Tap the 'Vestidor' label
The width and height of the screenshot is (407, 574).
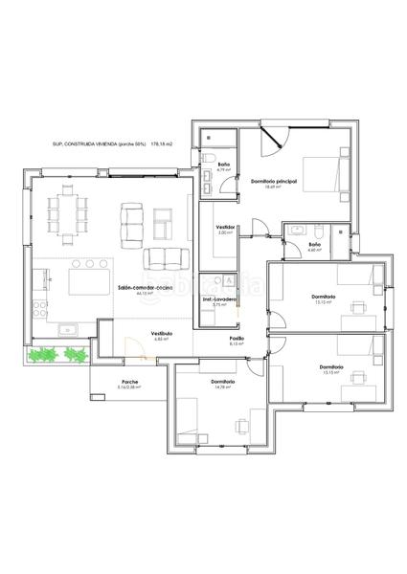[x=226, y=227]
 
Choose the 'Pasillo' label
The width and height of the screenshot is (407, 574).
[x=236, y=338]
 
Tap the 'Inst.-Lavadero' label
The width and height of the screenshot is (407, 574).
[x=219, y=298]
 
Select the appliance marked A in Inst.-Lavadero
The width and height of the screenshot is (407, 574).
[x=229, y=280]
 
